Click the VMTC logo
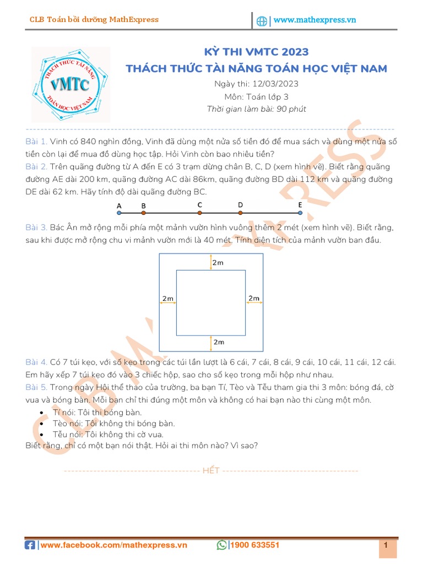coord(70,84)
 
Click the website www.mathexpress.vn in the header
coord(314,20)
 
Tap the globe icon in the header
coord(262,21)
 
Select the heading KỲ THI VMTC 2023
coord(256,52)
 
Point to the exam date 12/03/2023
coord(275,84)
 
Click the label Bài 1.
coord(36,142)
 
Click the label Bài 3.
coord(36,227)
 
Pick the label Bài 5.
coord(36,387)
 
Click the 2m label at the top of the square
coord(218,263)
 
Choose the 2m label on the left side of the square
coord(167,299)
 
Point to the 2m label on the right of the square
coord(253,299)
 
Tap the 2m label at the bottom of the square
coord(218,342)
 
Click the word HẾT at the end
coord(211,470)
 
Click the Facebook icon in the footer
coord(30,545)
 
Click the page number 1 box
coord(386,545)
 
